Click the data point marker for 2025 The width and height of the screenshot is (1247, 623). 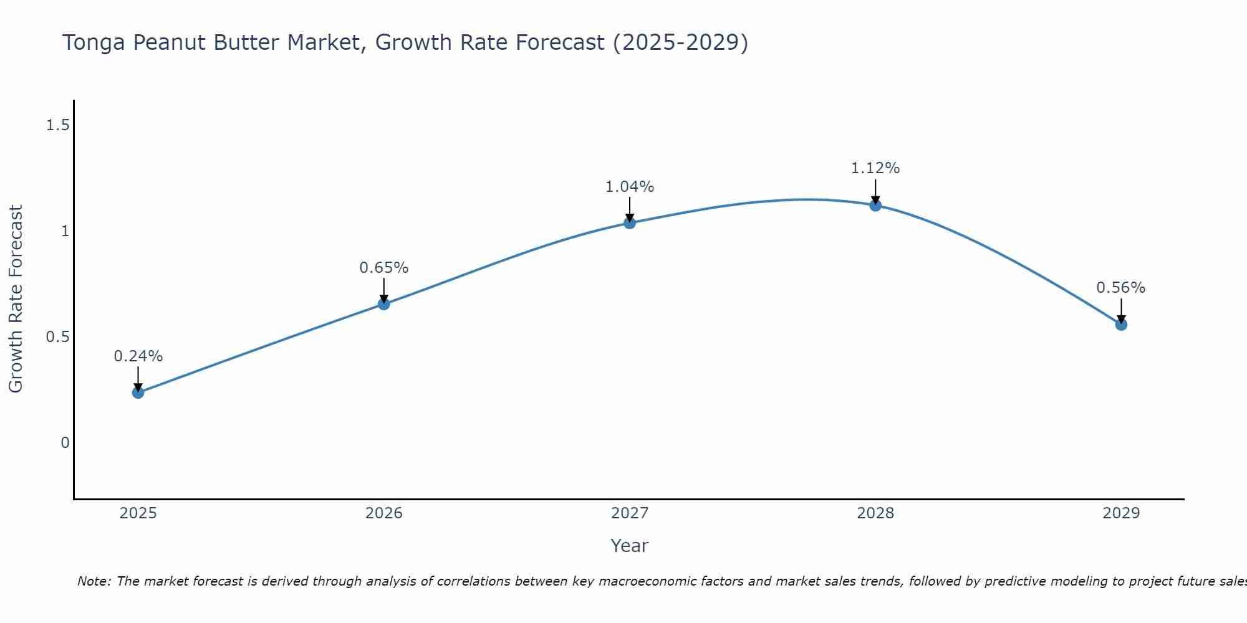pyautogui.click(x=138, y=392)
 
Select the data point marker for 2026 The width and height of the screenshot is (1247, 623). pyautogui.click(x=384, y=304)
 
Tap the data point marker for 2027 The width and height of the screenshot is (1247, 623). pyautogui.click(x=630, y=223)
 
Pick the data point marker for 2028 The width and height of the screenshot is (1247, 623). pyautogui.click(x=875, y=206)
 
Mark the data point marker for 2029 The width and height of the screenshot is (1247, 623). pyautogui.click(x=1121, y=325)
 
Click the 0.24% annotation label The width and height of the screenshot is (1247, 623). pyautogui.click(x=138, y=356)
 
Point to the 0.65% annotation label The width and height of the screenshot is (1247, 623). pyautogui.click(x=384, y=268)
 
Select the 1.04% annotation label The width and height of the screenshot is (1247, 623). pyautogui.click(x=630, y=187)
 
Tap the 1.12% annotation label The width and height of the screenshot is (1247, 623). pyautogui.click(x=875, y=168)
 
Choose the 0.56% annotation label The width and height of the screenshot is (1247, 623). pyautogui.click(x=1121, y=288)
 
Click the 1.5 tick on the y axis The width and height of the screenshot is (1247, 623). pyautogui.click(x=57, y=126)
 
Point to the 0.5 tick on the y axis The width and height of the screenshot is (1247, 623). pyautogui.click(x=57, y=337)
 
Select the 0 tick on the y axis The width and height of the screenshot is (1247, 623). pyautogui.click(x=65, y=443)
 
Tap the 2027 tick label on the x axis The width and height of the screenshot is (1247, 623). pyautogui.click(x=630, y=513)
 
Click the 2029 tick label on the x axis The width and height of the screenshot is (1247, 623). pyautogui.click(x=1121, y=513)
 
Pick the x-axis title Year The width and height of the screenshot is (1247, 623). pyautogui.click(x=630, y=546)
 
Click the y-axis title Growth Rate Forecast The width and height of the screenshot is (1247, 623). pyautogui.click(x=16, y=299)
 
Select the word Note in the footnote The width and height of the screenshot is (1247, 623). pyautogui.click(x=94, y=581)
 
